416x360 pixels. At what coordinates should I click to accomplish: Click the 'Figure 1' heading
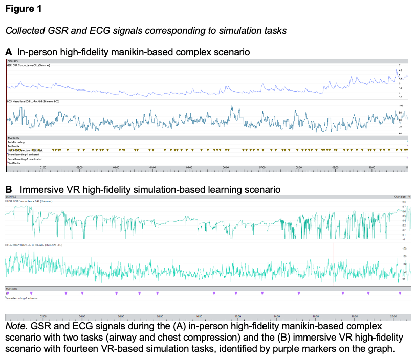point(24,9)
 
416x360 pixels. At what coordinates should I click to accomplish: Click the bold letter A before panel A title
point(8,52)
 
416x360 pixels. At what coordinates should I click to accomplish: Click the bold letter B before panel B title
point(8,190)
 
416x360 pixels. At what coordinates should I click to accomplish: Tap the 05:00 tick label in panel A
point(189,167)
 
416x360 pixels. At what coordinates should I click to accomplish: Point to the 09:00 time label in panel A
point(335,167)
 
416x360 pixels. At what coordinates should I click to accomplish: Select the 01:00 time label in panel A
point(43,167)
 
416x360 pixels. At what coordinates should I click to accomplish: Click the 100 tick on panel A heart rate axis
point(401,106)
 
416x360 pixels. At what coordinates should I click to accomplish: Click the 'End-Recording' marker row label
point(16,142)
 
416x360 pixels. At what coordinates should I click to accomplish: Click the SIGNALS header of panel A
point(13,61)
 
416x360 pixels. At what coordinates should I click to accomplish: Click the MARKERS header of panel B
point(12,288)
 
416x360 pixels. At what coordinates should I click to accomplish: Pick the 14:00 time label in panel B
point(277,316)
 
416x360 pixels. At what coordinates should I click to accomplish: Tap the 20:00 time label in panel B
point(393,316)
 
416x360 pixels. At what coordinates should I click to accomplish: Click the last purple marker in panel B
point(400,293)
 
